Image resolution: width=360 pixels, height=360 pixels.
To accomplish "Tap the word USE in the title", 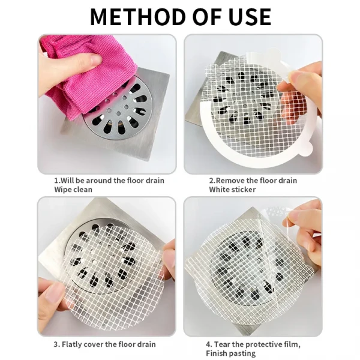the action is [x=250, y=17].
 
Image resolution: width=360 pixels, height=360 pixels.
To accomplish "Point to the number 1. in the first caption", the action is [x=58, y=181].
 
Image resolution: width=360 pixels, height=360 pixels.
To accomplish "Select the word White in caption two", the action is [x=219, y=190].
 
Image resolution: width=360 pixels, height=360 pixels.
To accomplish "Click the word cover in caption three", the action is [x=94, y=344].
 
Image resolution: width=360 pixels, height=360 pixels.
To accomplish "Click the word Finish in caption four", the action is [x=217, y=353].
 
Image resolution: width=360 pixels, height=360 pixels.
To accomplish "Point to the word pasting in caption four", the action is [x=242, y=353].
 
